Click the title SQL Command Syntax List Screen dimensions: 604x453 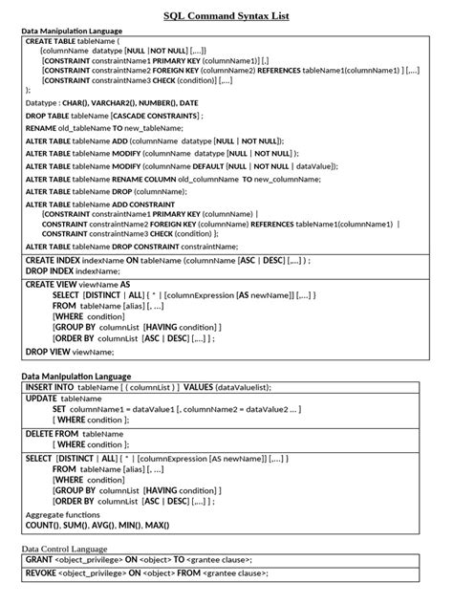(x=226, y=16)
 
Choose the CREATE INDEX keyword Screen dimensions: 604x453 (x=53, y=259)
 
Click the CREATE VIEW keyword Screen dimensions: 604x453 (x=51, y=284)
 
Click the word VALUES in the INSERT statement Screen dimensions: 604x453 (x=198, y=387)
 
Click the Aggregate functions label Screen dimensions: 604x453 (x=63, y=514)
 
